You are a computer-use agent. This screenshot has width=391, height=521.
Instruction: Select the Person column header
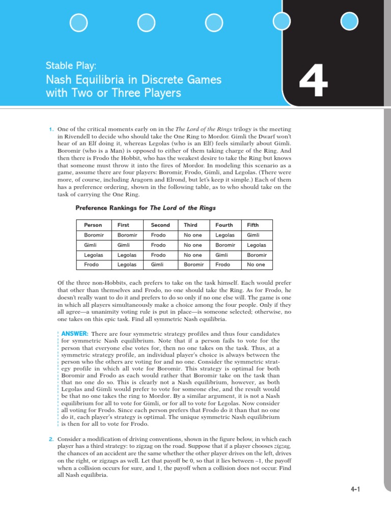[x=93, y=225]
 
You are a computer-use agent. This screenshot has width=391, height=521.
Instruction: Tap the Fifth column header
[x=253, y=225]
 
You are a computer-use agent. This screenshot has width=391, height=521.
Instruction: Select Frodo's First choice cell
[x=127, y=265]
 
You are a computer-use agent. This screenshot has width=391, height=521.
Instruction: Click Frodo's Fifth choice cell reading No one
[x=256, y=265]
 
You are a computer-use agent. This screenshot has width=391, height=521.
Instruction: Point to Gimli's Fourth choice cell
[x=225, y=245]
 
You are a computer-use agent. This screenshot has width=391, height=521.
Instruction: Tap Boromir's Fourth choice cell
[x=225, y=235]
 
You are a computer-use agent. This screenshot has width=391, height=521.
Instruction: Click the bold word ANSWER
[x=75, y=333]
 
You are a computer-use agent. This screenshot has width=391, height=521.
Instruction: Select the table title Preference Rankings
[x=107, y=208]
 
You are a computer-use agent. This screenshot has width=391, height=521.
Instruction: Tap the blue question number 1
[x=51, y=130]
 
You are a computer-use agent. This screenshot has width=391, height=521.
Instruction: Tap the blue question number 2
[x=51, y=439]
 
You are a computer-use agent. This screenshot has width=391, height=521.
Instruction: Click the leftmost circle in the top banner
[x=79, y=21]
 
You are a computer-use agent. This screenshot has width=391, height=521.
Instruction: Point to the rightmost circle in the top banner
[x=349, y=21]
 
